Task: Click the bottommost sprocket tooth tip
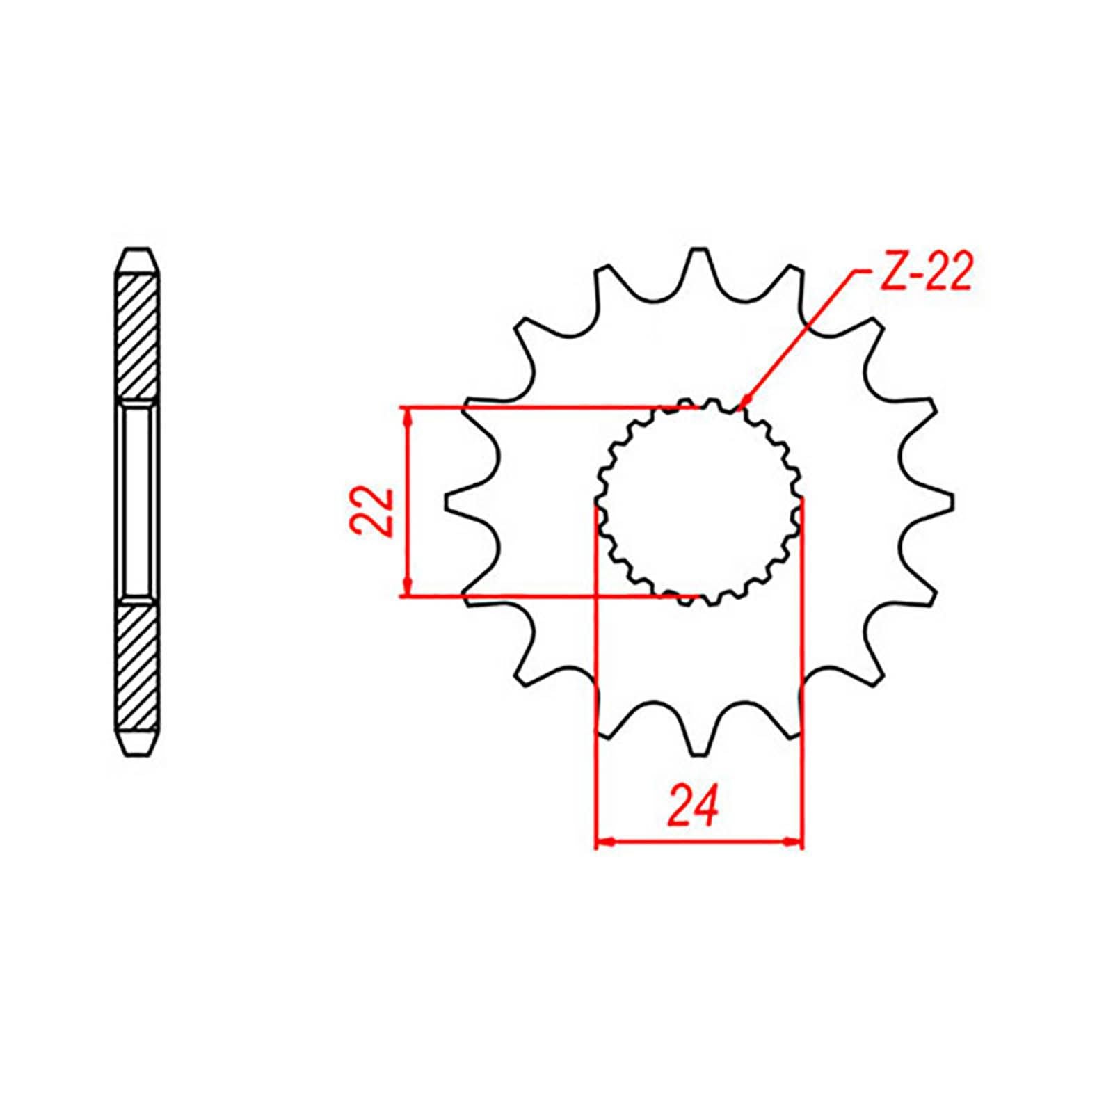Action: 698,751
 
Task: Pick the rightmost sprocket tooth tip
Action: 950,502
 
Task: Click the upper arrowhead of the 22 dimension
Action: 408,415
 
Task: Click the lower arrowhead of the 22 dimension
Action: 408,588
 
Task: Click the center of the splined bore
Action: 698,502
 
